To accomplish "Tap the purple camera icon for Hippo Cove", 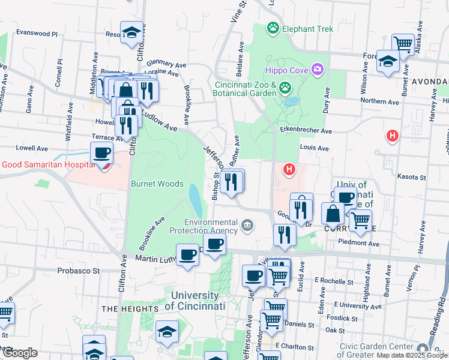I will pos(318,70).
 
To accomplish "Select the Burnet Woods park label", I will pos(157,184).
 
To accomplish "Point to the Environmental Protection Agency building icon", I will pos(247,226).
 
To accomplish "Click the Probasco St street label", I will pos(78,271).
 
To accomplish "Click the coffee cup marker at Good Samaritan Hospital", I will pos(101,153).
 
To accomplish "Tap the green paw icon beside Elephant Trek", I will pos(273,27).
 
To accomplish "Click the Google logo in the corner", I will pos(20,353).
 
